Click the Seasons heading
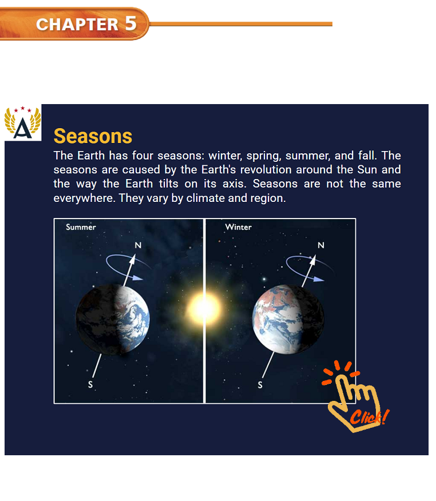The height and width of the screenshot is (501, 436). pos(93,137)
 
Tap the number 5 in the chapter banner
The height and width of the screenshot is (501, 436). pos(130,23)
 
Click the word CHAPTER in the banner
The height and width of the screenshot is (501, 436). pos(77,25)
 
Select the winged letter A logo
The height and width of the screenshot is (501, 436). pos(23,123)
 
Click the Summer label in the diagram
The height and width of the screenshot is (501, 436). pos(81,227)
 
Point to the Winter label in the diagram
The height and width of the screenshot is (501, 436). pos(239,227)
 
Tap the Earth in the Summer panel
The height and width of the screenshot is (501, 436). pos(113,320)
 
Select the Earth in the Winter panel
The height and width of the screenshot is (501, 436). pos(288,319)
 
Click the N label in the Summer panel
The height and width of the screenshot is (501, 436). pos(138,245)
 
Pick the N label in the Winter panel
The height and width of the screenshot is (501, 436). pos(321,245)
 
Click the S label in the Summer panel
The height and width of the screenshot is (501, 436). pos(90,384)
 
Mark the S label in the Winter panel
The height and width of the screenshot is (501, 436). pos(260,385)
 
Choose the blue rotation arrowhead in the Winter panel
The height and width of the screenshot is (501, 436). pos(318,279)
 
